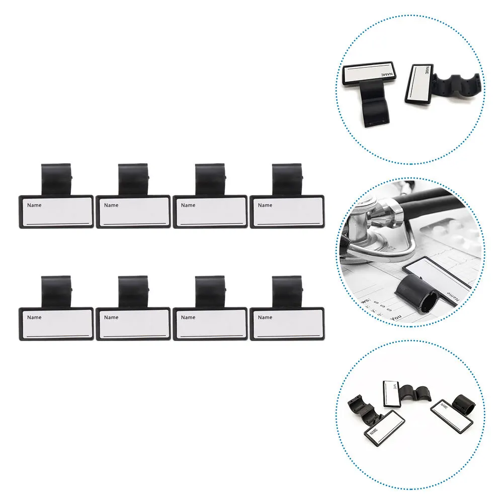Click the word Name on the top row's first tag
[x=34, y=205]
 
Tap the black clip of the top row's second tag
[x=133, y=179]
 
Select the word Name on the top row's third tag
[x=188, y=205]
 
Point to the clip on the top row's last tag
[x=287, y=179]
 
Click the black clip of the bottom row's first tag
[x=56, y=291]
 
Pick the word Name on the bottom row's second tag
[x=111, y=317]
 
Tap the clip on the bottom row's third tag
[x=210, y=291]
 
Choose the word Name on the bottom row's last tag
[x=265, y=317]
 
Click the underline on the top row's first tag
[x=57, y=222]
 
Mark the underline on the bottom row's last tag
[x=288, y=334]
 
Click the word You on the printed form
[x=396, y=317]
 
